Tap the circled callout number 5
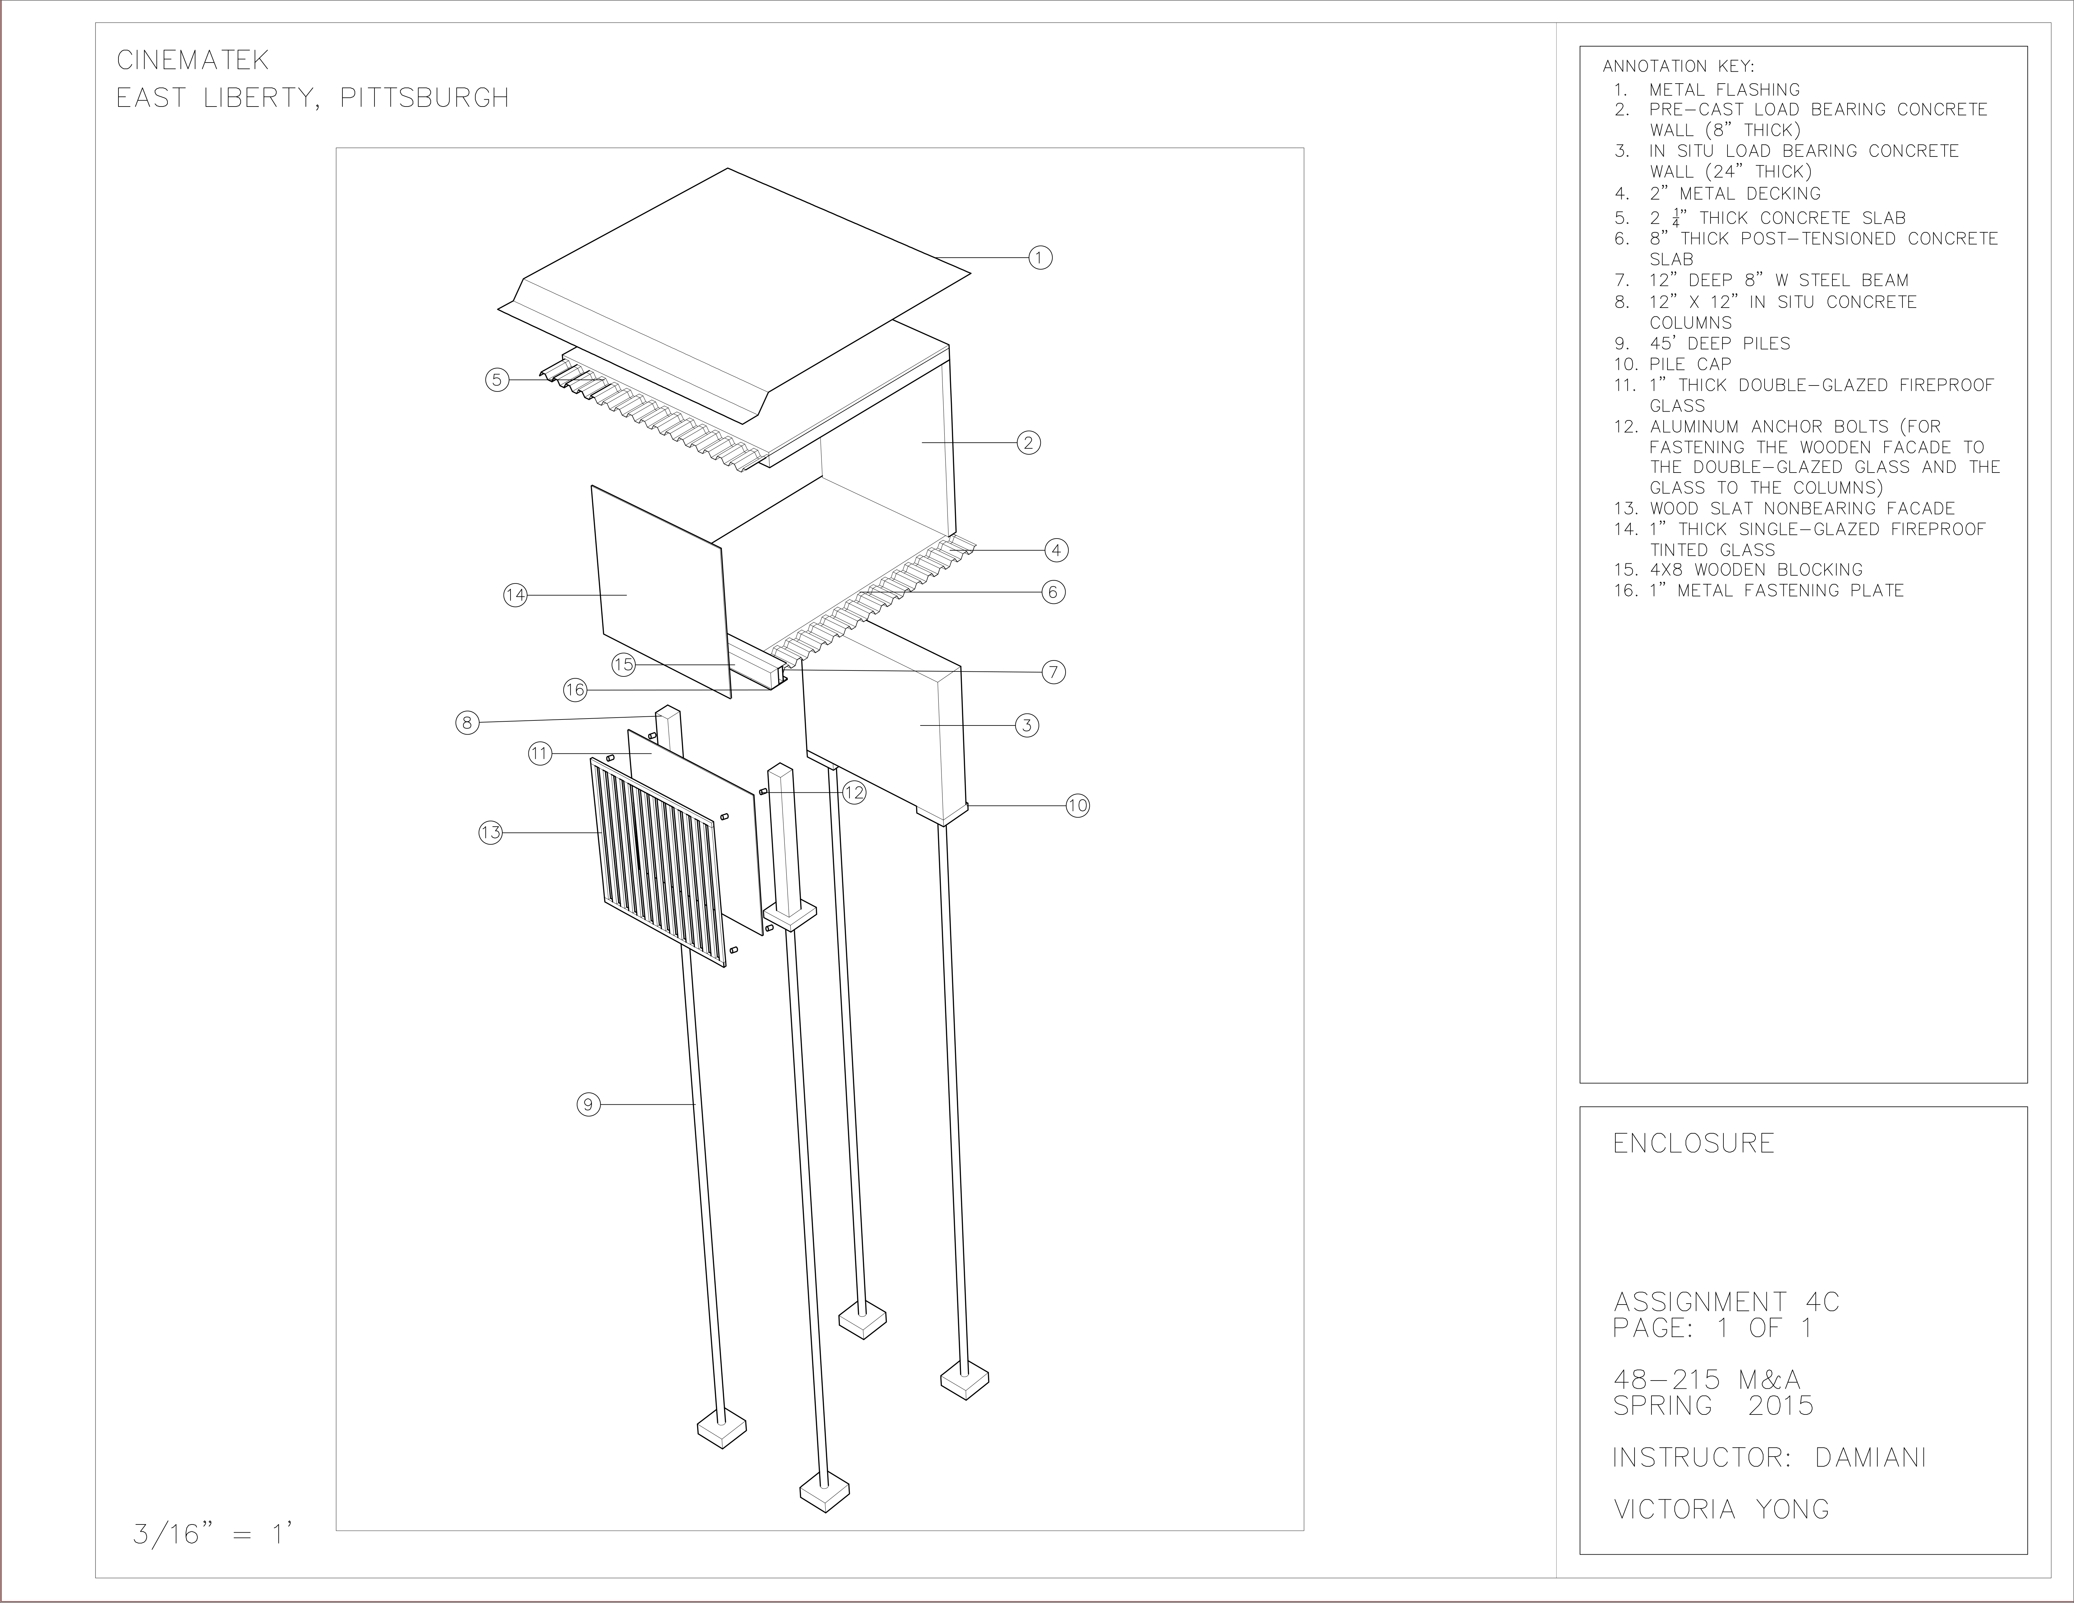tap(496, 380)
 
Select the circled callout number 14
tap(515, 595)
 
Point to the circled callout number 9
tap(588, 1104)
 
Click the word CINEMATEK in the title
tap(193, 61)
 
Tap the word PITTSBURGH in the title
tap(424, 98)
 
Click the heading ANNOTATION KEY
tap(1678, 67)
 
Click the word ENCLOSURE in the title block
tap(1693, 1143)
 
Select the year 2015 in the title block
tap(1781, 1405)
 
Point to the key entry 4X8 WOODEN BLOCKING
tap(1755, 570)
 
